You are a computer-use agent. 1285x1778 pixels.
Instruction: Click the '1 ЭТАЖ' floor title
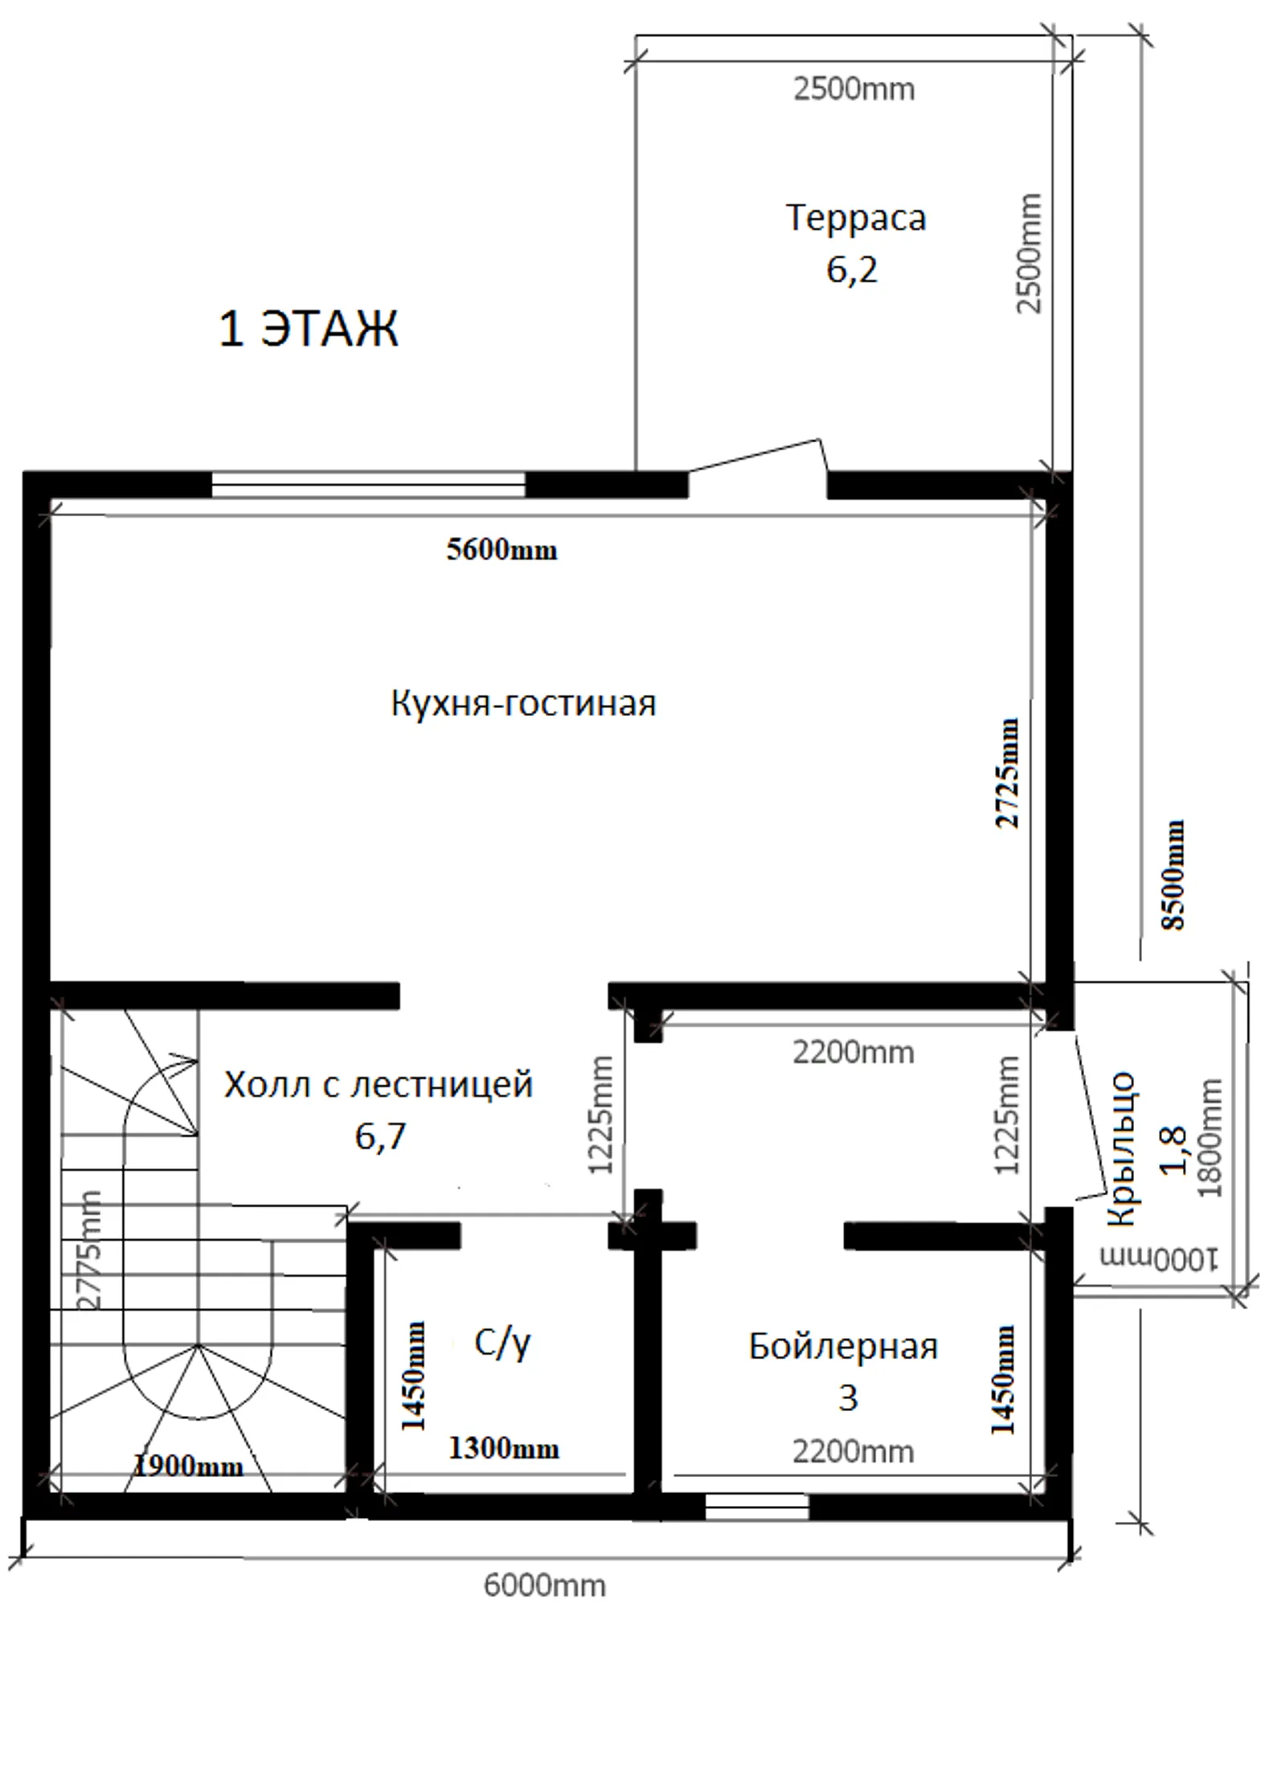coord(308,328)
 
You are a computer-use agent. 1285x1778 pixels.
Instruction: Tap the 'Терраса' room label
coord(855,218)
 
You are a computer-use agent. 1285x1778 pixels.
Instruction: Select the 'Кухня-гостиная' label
coord(524,702)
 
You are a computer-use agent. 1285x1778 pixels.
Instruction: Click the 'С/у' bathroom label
coord(502,1344)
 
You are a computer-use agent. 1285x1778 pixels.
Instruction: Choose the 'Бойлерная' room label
coord(843,1346)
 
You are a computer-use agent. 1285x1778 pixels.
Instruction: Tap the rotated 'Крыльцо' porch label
coord(1120,1149)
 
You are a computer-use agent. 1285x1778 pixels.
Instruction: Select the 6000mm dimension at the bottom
coord(545,1585)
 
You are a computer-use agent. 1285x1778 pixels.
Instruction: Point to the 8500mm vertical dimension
coord(1173,874)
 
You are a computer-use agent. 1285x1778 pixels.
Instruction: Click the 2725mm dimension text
coord(1006,773)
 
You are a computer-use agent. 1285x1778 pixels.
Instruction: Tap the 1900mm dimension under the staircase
coord(188,1466)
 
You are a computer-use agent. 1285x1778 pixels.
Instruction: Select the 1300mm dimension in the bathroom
coord(504,1448)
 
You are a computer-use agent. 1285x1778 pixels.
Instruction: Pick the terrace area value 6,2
coord(852,270)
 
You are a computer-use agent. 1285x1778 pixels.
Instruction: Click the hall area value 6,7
coord(381,1137)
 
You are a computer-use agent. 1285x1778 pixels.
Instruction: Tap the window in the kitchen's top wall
coord(368,485)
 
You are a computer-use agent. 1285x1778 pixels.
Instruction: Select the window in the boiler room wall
coord(757,1506)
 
